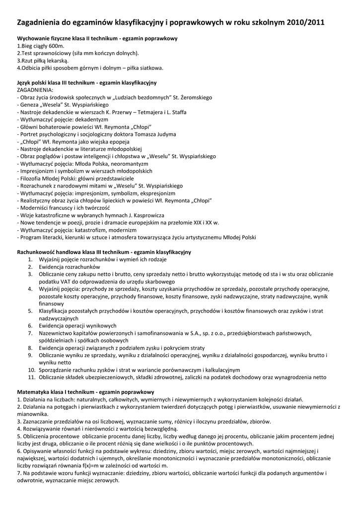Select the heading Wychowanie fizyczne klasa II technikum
click(68, 38)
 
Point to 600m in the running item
click(58, 46)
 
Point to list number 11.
click(31, 377)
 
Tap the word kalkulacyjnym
click(217, 370)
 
